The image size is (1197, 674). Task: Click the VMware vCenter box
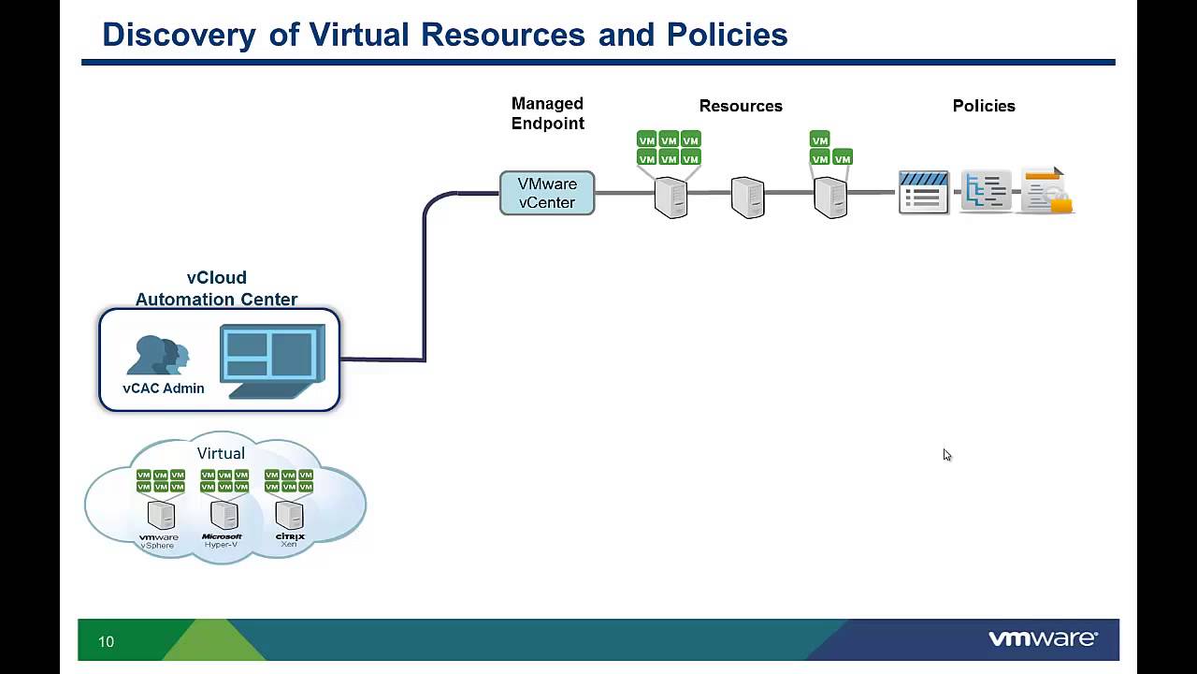(547, 193)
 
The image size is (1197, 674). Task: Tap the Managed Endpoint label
(547, 113)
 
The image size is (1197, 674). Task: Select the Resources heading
(741, 106)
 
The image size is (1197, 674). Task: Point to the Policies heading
(984, 106)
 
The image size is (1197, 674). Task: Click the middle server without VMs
(747, 198)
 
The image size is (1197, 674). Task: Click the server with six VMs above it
(671, 198)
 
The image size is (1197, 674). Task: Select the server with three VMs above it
(830, 198)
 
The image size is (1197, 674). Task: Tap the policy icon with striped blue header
(923, 192)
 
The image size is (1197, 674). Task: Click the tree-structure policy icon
(986, 192)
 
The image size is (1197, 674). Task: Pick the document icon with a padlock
(1046, 192)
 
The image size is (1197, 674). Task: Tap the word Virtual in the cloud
(221, 453)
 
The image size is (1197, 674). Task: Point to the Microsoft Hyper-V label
(222, 540)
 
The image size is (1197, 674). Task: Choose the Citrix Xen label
(290, 540)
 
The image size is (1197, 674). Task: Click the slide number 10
(106, 641)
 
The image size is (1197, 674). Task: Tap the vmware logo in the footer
(1043, 638)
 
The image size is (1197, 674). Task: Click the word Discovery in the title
(179, 35)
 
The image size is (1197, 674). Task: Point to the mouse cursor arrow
(946, 455)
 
